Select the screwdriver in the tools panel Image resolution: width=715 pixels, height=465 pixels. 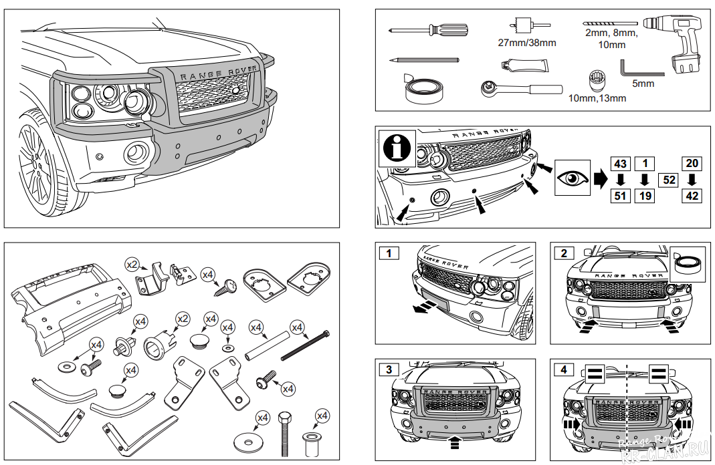(428, 29)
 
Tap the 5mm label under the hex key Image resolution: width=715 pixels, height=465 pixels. (643, 84)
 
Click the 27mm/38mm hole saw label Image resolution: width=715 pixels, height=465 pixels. (527, 43)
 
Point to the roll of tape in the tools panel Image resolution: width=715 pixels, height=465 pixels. (425, 88)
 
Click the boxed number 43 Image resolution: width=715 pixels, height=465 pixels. (621, 163)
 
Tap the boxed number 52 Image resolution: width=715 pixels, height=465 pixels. (668, 179)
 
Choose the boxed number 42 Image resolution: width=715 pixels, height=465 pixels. (692, 196)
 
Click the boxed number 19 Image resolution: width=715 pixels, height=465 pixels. (645, 196)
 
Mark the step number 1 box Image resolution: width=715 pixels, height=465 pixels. (389, 253)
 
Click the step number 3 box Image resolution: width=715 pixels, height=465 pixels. (389, 369)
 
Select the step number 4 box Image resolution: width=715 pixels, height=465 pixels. (564, 369)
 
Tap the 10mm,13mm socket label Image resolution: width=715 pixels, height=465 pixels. (597, 98)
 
